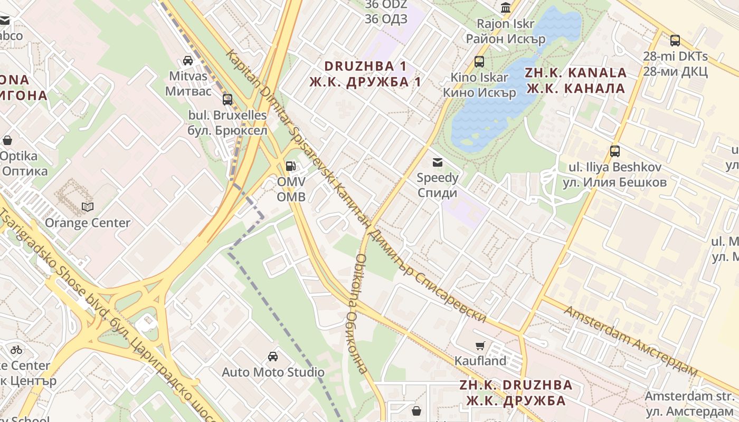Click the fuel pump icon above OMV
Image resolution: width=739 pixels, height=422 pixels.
coord(290,166)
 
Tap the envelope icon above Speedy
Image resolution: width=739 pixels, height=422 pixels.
coord(437,162)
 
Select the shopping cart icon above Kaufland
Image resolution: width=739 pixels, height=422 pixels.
coord(480,346)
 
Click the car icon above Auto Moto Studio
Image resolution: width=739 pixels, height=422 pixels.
coord(273,357)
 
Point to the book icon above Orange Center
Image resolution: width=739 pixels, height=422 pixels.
coord(87,207)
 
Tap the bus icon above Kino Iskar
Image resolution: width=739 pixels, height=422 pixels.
coord(479,62)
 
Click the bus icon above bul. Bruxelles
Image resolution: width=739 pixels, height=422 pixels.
coord(228,99)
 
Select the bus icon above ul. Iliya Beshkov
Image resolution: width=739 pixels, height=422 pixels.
coord(615,151)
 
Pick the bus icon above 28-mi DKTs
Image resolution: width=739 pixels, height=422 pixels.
coord(675,41)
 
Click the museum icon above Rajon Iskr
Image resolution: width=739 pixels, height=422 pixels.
coord(506,8)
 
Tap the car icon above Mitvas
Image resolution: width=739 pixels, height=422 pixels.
coord(188,60)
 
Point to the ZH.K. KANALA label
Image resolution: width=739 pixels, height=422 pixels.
coord(576,80)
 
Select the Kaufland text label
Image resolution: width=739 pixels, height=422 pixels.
coord(480,361)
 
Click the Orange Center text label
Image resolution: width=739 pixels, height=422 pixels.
coord(87,223)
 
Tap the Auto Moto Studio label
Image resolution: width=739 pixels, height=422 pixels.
coord(273,372)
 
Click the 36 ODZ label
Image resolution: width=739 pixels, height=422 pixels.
coord(386,12)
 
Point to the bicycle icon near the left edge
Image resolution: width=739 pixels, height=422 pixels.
coord(16,349)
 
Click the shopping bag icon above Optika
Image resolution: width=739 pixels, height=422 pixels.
coord(7,140)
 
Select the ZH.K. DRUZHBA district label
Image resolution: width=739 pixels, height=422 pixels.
coord(516,392)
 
